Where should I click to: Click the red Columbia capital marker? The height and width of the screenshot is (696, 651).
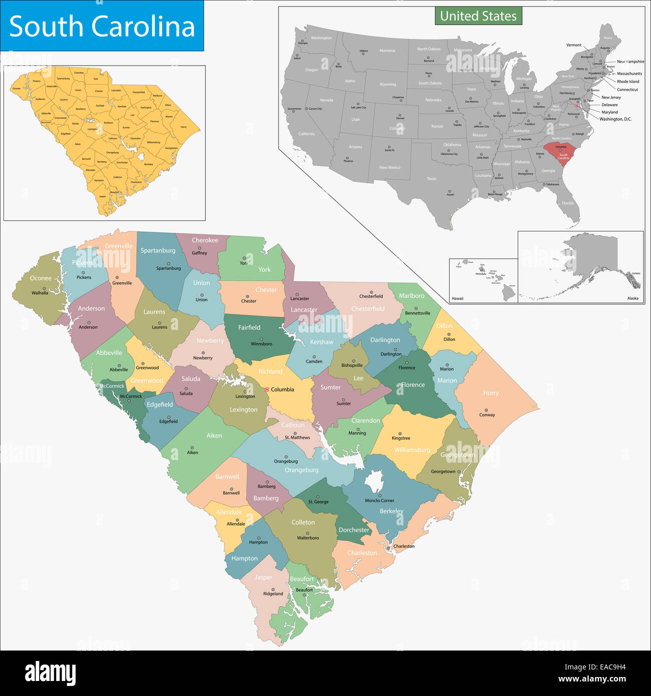click(267, 389)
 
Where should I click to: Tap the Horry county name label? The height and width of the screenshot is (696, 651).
click(491, 393)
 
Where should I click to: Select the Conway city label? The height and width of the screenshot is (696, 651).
click(487, 415)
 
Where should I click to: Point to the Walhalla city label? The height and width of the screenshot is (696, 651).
click(40, 293)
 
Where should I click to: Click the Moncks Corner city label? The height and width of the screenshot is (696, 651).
click(380, 500)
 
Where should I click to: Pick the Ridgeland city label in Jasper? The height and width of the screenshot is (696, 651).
click(273, 594)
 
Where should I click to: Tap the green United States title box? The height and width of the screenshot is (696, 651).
click(478, 16)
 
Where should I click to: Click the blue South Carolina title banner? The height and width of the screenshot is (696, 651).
click(102, 26)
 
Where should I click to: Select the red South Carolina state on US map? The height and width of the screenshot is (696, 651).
click(561, 153)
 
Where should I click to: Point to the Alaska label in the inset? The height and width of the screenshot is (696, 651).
click(632, 298)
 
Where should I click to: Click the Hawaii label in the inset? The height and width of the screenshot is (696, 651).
click(457, 298)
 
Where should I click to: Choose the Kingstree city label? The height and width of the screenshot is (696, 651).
click(401, 438)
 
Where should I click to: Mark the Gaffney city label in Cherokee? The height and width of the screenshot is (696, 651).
click(199, 253)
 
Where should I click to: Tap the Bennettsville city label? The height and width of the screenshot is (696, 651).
click(418, 313)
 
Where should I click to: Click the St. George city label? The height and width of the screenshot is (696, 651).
click(318, 502)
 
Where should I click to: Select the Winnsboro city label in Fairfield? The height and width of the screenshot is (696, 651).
click(261, 344)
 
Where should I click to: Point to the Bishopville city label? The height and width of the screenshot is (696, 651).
click(352, 366)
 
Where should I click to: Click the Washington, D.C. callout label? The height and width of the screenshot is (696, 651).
click(615, 119)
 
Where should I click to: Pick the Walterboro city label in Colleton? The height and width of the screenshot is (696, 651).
click(308, 538)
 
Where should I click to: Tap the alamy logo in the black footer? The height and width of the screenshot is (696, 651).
click(50, 673)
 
